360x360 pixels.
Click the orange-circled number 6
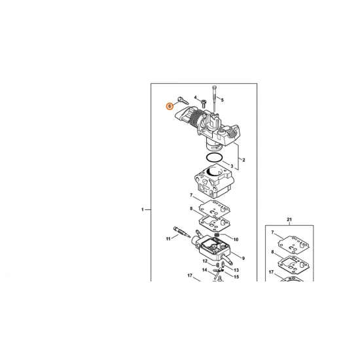click(x=170, y=106)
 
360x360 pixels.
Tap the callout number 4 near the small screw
click(x=196, y=98)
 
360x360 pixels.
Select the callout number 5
click(x=223, y=100)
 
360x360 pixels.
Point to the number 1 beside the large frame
click(x=142, y=209)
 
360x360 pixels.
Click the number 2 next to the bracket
click(x=243, y=160)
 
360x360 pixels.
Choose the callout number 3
click(x=232, y=166)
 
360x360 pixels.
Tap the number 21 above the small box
click(x=289, y=220)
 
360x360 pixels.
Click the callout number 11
click(x=168, y=239)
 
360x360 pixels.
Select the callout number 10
click(x=236, y=240)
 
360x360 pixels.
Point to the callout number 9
click(x=243, y=259)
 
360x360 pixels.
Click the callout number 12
click(x=205, y=261)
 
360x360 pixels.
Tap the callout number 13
click(x=236, y=270)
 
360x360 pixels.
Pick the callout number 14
click(x=205, y=270)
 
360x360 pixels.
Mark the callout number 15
click(x=236, y=277)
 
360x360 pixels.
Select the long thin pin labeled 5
click(x=215, y=99)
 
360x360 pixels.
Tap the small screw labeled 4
click(x=204, y=103)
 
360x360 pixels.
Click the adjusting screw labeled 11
click(x=181, y=232)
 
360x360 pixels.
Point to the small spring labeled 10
click(x=217, y=235)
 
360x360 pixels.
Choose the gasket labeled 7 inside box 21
click(x=294, y=245)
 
